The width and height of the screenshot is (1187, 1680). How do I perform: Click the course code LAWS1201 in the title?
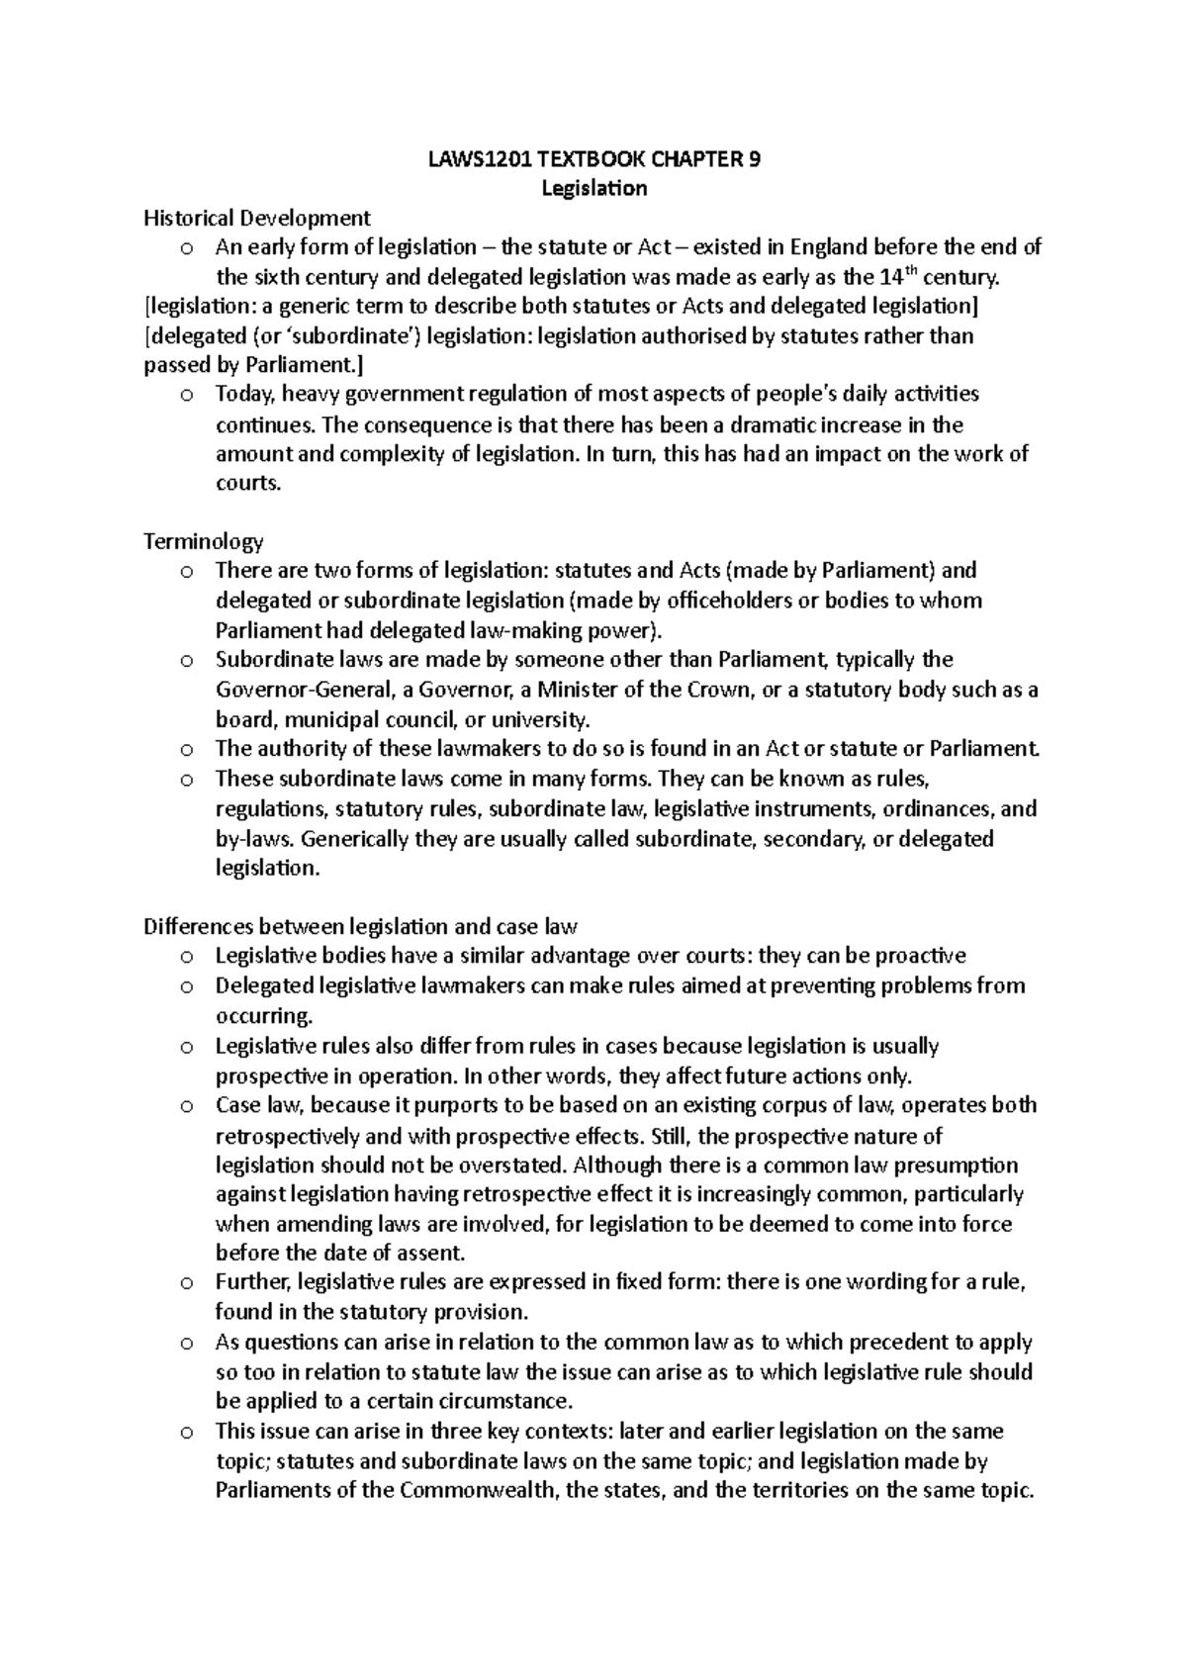tap(470, 159)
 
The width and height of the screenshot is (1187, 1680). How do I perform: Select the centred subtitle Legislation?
tap(593, 188)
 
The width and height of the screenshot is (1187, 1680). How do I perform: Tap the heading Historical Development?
tap(257, 218)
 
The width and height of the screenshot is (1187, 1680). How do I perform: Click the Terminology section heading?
tap(204, 541)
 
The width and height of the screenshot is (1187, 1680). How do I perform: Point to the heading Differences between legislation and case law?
tap(360, 927)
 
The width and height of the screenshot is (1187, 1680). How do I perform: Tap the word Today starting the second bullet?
tap(246, 395)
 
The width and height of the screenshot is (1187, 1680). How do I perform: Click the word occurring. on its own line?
tap(264, 1016)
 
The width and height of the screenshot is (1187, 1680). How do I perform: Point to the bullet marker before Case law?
tap(186, 1106)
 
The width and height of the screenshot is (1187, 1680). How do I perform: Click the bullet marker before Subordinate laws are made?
tap(186, 661)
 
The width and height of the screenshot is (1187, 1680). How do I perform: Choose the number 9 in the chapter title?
tap(756, 159)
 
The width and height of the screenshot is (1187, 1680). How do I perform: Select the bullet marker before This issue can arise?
tap(186, 1433)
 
